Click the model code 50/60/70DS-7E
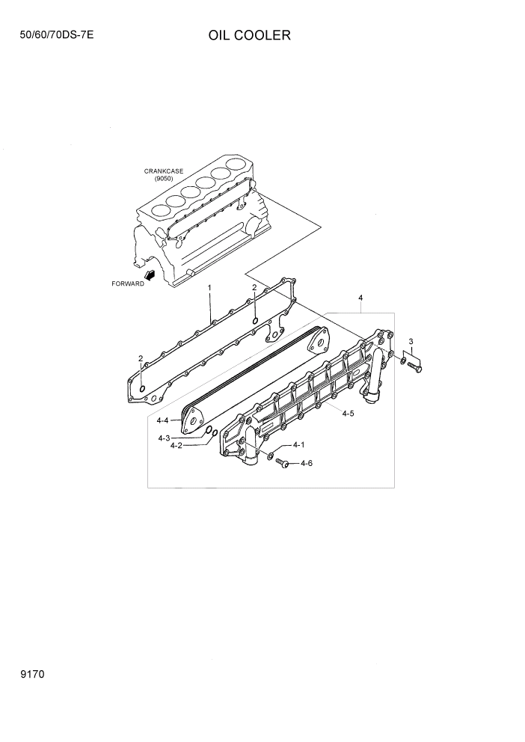pos(52,35)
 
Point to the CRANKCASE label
pos(164,171)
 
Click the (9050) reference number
pos(164,180)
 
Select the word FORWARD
pos(127,284)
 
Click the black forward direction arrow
pos(150,275)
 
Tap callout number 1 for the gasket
pos(209,287)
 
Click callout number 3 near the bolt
pos(411,342)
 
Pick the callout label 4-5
pos(348,413)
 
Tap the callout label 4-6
pos(306,464)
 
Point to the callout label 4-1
pos(298,445)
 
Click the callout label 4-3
pos(164,438)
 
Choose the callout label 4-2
pos(176,446)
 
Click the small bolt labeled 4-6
pos(283,464)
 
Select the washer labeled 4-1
pos(270,456)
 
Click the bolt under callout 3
pos(416,366)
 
